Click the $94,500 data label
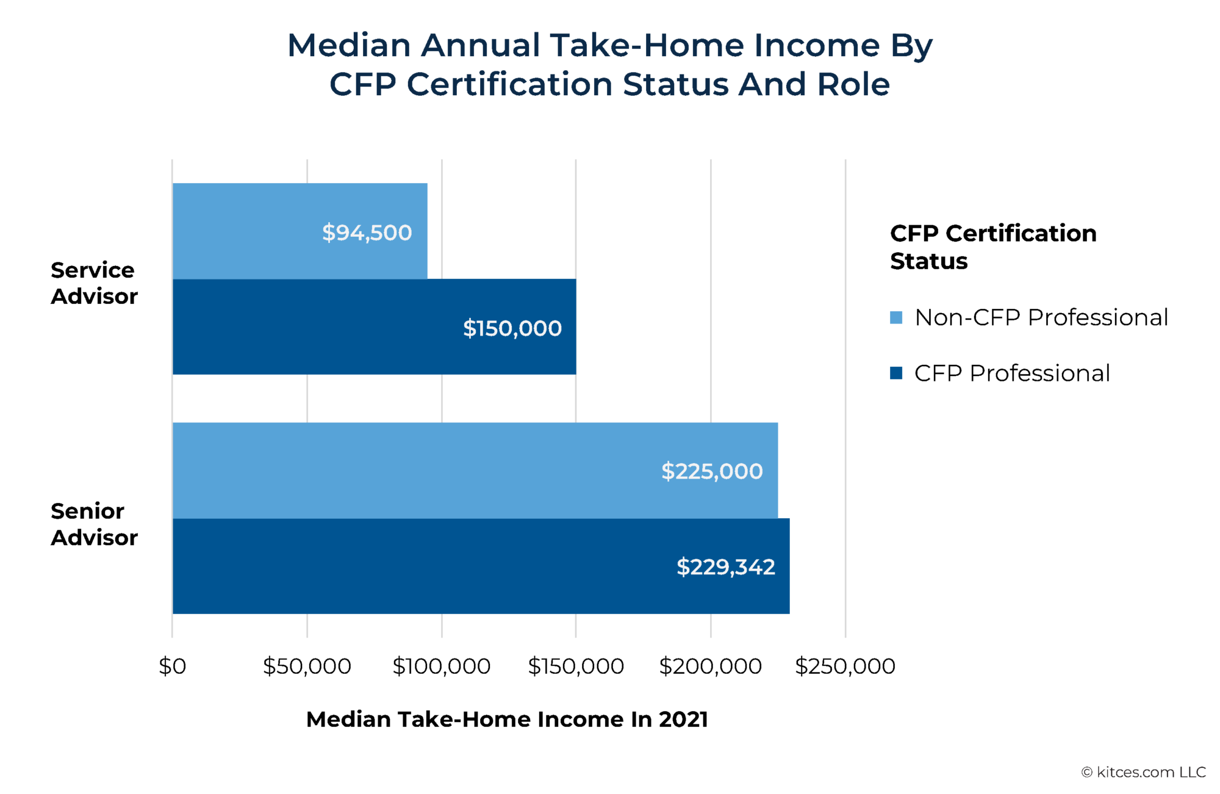[367, 233]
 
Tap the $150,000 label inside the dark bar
[512, 328]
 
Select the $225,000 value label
[711, 471]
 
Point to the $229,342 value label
[725, 567]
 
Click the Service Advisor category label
[94, 283]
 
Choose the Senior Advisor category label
[94, 524]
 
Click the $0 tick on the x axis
[172, 666]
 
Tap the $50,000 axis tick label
[307, 666]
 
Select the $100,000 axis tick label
[441, 666]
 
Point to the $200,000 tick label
[710, 666]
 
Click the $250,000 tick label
[845, 666]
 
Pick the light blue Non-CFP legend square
[895, 317]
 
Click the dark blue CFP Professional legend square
[895, 373]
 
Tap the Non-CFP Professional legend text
[1041, 317]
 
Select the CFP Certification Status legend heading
[992, 247]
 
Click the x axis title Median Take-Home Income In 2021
[506, 719]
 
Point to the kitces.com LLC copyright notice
[1143, 772]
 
